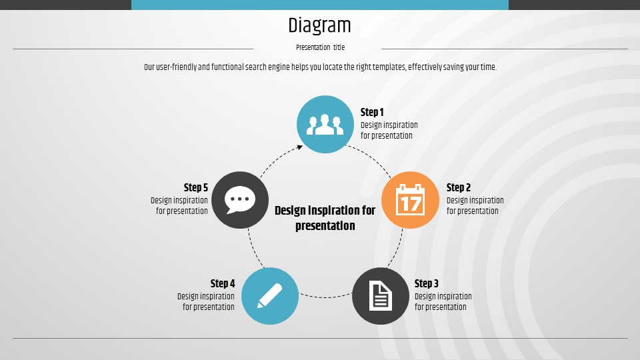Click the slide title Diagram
(319, 26)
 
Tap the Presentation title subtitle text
(321, 47)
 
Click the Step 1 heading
(372, 112)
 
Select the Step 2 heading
(459, 187)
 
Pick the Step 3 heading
(427, 283)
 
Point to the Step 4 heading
(223, 283)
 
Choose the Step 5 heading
(195, 187)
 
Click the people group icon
(325, 125)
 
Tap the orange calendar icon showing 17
(410, 199)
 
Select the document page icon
(381, 296)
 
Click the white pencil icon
(270, 296)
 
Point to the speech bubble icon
(239, 199)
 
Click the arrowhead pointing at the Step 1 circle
(300, 147)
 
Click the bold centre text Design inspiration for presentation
(325, 218)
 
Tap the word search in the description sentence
(255, 67)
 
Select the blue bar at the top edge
(320, 5)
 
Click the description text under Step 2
(475, 206)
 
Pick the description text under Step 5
(179, 206)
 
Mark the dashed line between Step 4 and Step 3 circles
(325, 297)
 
